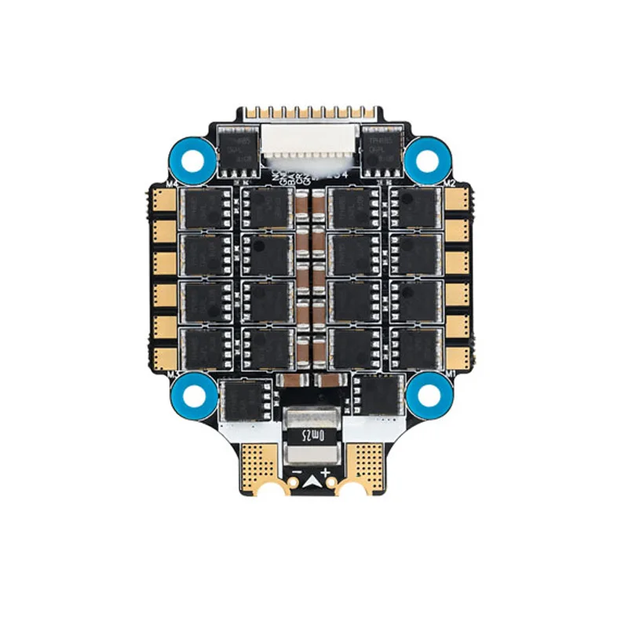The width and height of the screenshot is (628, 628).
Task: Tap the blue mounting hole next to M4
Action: coord(191,158)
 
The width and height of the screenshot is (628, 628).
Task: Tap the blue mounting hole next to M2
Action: coord(428,158)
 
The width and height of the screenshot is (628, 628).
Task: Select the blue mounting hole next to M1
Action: coord(428,390)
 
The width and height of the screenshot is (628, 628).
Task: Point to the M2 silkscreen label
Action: coord(450,183)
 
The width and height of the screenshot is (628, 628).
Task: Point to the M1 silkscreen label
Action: coord(450,374)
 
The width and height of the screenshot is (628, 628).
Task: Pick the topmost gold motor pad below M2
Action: coord(456,200)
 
